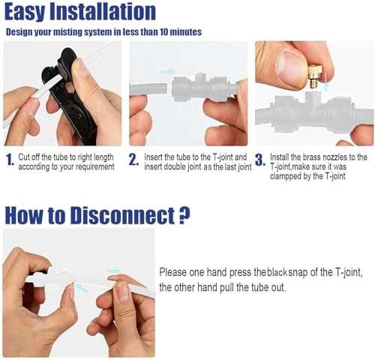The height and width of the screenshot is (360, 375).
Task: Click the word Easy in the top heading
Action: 24,12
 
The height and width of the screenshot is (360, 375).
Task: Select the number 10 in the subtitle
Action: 163,32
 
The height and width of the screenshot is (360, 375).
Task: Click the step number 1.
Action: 10,159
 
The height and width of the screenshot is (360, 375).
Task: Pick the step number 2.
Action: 133,160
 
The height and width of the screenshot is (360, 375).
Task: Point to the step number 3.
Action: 260,160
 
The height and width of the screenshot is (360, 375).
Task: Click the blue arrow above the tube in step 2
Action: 168,71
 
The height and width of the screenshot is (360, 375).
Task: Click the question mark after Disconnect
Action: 184,215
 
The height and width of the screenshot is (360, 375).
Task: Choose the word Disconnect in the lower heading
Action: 122,215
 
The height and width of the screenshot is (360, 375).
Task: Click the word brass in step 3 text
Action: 311,157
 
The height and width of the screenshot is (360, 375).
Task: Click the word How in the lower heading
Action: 24,215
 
